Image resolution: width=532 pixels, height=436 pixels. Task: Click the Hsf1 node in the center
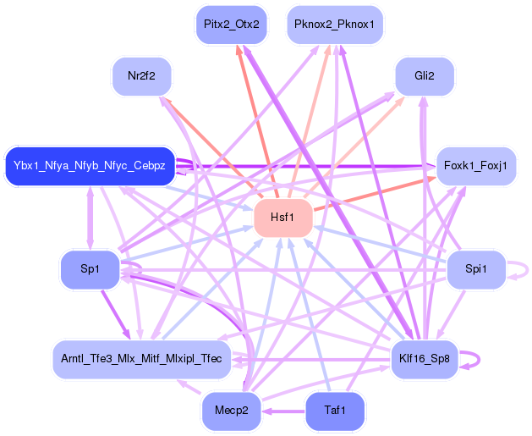[283, 218]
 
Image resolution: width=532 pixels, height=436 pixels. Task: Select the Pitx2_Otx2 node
[232, 25]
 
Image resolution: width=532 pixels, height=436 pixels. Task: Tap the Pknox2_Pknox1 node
[335, 25]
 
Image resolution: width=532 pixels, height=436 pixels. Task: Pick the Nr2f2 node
[141, 76]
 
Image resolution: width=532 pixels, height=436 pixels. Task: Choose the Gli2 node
[425, 76]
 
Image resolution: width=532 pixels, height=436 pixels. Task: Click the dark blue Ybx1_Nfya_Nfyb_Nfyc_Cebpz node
[90, 166]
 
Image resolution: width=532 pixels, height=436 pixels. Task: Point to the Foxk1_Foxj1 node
[475, 166]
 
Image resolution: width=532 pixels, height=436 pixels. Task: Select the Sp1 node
[90, 269]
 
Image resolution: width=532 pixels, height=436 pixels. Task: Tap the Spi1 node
[476, 269]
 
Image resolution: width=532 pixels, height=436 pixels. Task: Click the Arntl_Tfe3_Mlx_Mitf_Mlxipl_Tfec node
[141, 359]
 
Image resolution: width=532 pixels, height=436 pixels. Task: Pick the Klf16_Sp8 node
[425, 359]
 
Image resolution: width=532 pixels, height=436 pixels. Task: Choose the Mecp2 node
[232, 411]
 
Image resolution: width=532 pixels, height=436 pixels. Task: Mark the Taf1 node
[335, 411]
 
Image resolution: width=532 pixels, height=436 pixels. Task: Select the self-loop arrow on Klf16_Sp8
[480, 360]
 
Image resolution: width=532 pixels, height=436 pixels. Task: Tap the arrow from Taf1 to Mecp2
[283, 411]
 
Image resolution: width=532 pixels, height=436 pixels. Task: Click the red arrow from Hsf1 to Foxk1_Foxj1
[375, 194]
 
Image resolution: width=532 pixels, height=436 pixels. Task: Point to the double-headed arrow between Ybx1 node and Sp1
[90, 218]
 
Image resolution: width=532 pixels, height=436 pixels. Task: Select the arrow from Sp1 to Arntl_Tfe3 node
[116, 314]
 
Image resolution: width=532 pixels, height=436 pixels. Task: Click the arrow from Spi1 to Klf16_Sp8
[451, 314]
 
